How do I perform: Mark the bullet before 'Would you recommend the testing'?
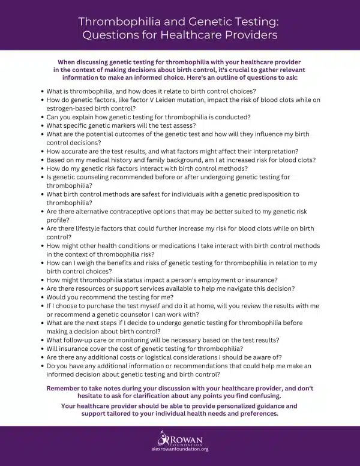41,297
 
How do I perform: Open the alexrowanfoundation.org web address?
180,448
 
